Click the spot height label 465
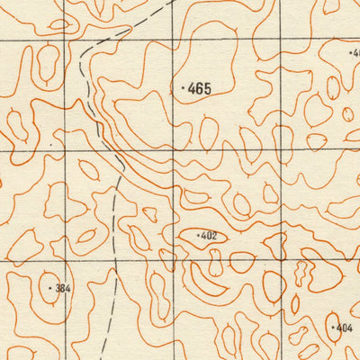200,88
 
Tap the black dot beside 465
183,88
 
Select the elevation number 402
209,236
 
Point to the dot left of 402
197,236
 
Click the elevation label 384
63,289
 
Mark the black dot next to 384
50,289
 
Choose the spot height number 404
345,328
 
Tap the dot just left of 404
333,328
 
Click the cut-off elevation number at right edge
355,53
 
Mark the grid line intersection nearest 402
174,262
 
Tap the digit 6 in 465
200,88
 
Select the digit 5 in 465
207,88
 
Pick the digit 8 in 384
63,289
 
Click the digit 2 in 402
214,236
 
